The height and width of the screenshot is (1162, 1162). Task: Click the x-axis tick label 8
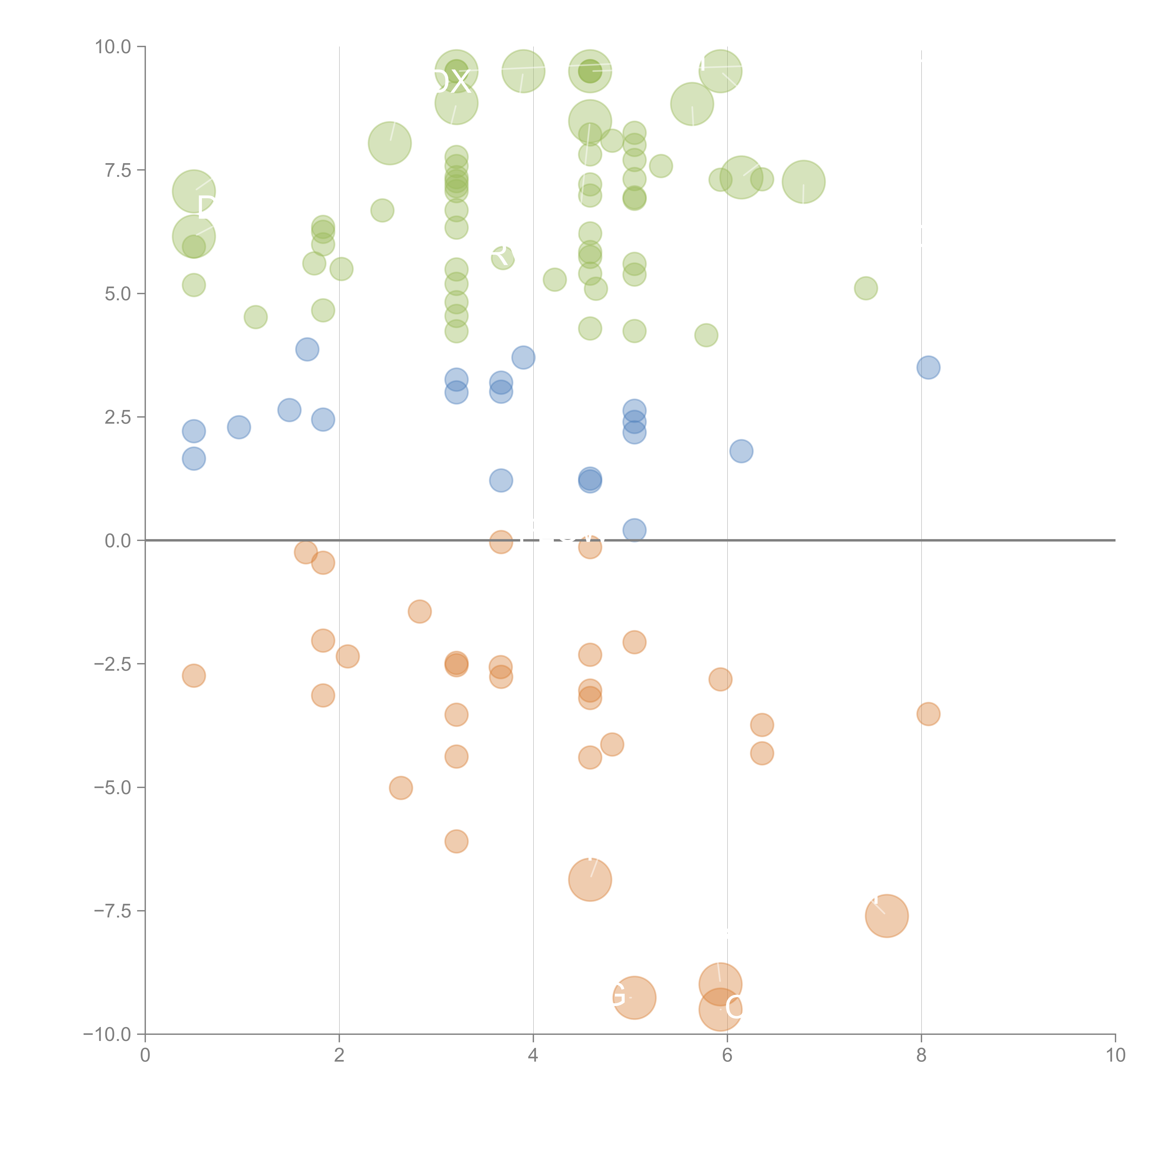click(x=921, y=1056)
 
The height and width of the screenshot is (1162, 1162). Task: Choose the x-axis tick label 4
click(x=533, y=1056)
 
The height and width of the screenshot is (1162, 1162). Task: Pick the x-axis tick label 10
click(x=1115, y=1056)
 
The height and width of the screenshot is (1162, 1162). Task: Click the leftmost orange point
click(x=194, y=675)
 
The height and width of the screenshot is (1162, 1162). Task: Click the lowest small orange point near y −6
click(x=456, y=841)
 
